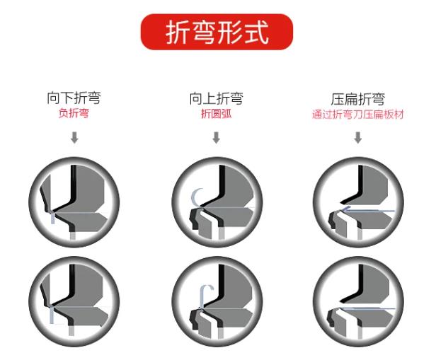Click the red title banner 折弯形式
[x=217, y=32]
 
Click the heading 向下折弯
[x=74, y=98]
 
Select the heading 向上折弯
[x=217, y=98]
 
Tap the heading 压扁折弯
[x=358, y=99]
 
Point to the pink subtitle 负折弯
[x=74, y=113]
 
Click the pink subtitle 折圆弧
[x=217, y=114]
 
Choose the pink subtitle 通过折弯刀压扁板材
[x=358, y=114]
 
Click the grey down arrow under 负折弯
[x=74, y=137]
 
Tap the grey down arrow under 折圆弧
[x=217, y=137]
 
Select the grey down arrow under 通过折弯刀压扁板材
[x=358, y=137]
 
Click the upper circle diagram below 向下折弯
[x=74, y=202]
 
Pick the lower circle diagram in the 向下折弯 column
[x=74, y=301]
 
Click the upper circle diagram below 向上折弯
[x=217, y=202]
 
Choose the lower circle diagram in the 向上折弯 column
[x=217, y=301]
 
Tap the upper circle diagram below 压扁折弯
[x=358, y=202]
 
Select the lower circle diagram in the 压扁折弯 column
[x=358, y=301]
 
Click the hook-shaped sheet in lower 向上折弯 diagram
[x=202, y=296]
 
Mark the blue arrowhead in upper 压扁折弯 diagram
[x=345, y=209]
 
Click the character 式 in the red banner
[x=257, y=33]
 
